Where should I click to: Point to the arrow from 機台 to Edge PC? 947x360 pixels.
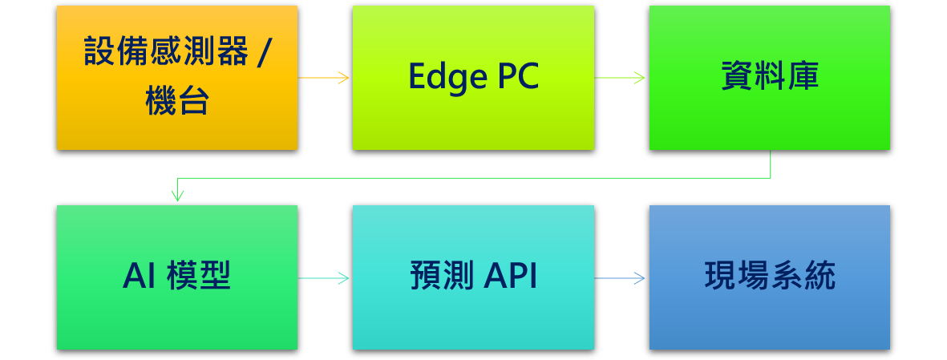(x=325, y=78)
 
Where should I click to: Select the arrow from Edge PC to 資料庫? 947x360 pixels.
(x=621, y=78)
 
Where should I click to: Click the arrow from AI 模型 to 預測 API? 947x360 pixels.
(x=325, y=278)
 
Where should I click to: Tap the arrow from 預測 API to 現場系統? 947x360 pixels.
(x=621, y=278)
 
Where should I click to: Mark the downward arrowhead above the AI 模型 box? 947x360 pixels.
(x=178, y=196)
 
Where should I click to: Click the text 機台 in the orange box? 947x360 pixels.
(x=177, y=103)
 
